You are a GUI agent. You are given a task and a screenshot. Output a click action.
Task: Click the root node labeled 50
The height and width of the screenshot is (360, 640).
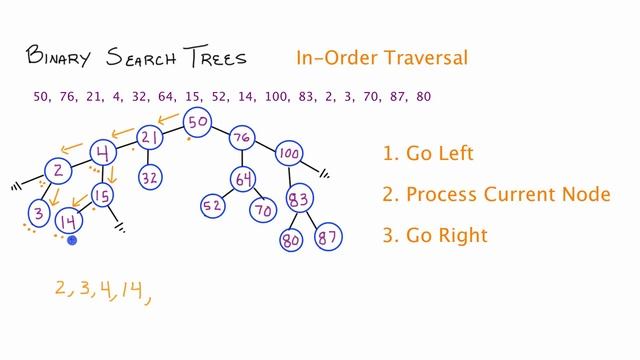pyautogui.click(x=198, y=122)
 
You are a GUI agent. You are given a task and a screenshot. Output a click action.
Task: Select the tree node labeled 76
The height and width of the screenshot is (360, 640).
pyautogui.click(x=240, y=137)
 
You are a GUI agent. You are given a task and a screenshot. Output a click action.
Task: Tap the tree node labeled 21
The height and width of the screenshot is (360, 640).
pyautogui.click(x=150, y=137)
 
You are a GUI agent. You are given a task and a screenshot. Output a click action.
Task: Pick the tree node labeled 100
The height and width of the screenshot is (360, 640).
pyautogui.click(x=289, y=153)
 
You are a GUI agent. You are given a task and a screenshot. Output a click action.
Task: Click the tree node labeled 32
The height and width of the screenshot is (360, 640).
pyautogui.click(x=150, y=178)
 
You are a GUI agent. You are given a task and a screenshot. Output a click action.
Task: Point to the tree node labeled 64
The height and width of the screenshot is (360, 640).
pyautogui.click(x=242, y=179)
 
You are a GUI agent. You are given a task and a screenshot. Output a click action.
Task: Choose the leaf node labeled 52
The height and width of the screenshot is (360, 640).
pyautogui.click(x=213, y=206)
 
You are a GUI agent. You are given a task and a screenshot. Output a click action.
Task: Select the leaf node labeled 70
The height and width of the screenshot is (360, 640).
pyautogui.click(x=263, y=211)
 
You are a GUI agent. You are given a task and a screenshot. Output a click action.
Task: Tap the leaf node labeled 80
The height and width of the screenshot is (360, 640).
pyautogui.click(x=291, y=240)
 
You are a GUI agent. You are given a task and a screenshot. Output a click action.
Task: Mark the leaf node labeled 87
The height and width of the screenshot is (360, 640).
pyautogui.click(x=326, y=239)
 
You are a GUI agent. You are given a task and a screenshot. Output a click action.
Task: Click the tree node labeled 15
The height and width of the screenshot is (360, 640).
pyautogui.click(x=102, y=194)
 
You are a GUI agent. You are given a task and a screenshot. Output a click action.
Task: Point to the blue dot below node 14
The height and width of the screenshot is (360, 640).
pyautogui.click(x=72, y=240)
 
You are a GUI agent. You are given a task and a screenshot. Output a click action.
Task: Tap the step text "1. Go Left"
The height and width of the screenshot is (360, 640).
pyautogui.click(x=427, y=154)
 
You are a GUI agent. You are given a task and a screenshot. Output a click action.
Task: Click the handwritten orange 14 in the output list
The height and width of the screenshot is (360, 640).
pyautogui.click(x=127, y=290)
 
